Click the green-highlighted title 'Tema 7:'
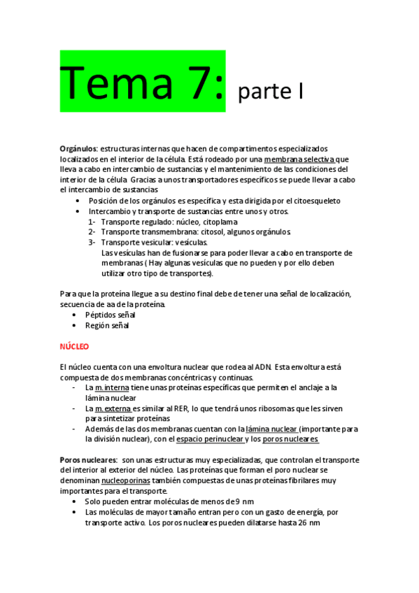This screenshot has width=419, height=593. click(142, 81)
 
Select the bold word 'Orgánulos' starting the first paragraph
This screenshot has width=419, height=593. click(78, 149)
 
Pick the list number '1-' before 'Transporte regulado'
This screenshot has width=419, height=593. click(92, 222)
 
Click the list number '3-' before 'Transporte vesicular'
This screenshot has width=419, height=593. click(92, 242)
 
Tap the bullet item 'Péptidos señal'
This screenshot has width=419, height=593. click(111, 315)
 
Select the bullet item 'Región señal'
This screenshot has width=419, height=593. click(107, 325)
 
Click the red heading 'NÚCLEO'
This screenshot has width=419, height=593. click(74, 346)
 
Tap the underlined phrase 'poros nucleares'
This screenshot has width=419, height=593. click(290, 439)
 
